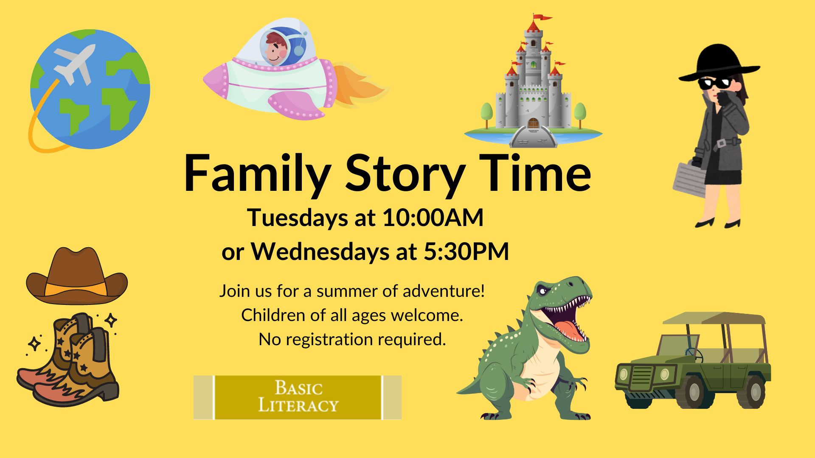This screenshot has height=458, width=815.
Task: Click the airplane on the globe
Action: tap(75, 63)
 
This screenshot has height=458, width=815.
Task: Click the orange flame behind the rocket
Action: tap(360, 85)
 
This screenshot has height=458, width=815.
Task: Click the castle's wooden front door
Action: tap(533, 123)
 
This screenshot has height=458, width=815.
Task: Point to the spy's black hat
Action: tap(719, 63)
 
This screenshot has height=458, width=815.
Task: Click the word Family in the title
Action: tap(257, 174)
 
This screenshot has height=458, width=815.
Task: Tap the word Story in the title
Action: tap(405, 174)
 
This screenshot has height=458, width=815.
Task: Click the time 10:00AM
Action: tap(433, 218)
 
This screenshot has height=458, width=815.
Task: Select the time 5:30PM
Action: tap(467, 251)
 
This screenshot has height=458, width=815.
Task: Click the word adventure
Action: tap(444, 291)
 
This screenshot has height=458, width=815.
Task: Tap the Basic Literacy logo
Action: tap(298, 397)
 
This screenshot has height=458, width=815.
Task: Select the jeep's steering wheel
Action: tap(693, 355)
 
